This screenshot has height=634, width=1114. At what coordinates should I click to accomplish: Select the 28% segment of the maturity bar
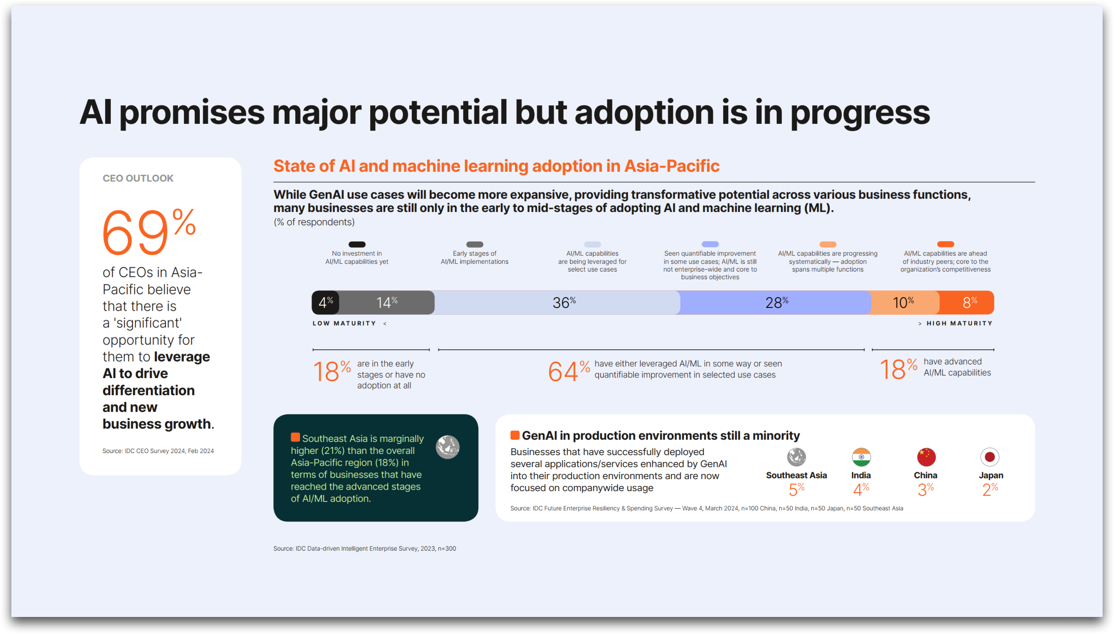776,302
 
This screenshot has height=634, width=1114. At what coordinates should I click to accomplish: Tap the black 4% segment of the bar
325,302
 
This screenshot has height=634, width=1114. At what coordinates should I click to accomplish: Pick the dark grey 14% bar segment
387,302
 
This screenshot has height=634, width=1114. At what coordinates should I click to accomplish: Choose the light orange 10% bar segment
905,302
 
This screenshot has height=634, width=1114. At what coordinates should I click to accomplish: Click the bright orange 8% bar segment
967,302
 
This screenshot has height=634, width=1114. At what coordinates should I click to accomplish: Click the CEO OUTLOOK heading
138,178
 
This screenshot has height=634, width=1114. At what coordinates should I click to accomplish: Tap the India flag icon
861,457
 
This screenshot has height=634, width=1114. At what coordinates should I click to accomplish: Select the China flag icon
926,457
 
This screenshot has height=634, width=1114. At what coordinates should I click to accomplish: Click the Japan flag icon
990,457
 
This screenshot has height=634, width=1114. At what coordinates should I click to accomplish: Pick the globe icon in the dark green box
448,447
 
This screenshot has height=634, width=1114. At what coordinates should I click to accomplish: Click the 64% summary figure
569,371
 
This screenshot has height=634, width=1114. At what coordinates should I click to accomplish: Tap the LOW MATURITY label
344,323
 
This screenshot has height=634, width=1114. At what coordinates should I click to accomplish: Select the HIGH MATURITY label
959,323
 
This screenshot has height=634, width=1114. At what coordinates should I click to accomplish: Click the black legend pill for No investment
357,244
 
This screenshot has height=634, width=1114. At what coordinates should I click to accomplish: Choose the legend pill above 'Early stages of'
475,244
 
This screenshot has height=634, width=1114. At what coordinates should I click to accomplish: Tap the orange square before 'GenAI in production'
515,435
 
